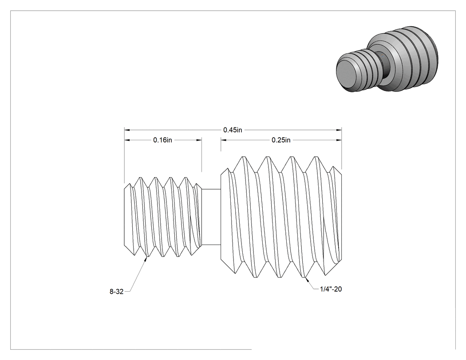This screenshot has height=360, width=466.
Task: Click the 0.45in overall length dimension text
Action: pyautogui.click(x=233, y=130)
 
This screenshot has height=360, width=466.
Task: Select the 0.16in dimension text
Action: pyautogui.click(x=162, y=140)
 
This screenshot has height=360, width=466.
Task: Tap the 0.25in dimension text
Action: pyautogui.click(x=281, y=140)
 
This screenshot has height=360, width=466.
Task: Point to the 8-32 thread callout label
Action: pyautogui.click(x=116, y=292)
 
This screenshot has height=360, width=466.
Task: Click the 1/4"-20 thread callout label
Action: pyautogui.click(x=331, y=289)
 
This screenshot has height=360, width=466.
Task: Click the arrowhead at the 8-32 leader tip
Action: pyautogui.click(x=146, y=259)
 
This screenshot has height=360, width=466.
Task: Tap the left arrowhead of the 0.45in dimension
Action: pyautogui.click(x=127, y=130)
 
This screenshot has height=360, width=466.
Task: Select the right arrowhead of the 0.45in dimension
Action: pyautogui.click(x=339, y=130)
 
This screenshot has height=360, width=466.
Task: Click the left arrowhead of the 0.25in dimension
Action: pyautogui.click(x=224, y=140)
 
